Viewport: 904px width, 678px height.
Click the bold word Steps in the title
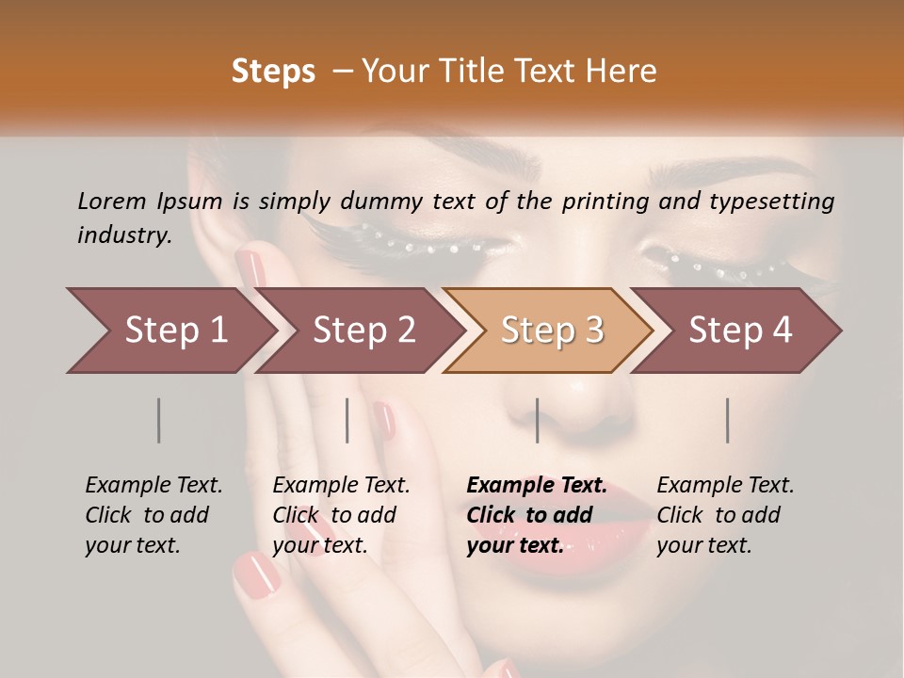(273, 72)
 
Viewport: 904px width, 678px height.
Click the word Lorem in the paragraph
(111, 201)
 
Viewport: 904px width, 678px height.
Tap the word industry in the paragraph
(124, 234)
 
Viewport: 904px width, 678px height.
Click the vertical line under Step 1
(159, 420)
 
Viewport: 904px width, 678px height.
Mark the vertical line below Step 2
(347, 420)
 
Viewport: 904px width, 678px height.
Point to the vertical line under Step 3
(537, 420)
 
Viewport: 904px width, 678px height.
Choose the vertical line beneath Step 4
(727, 420)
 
